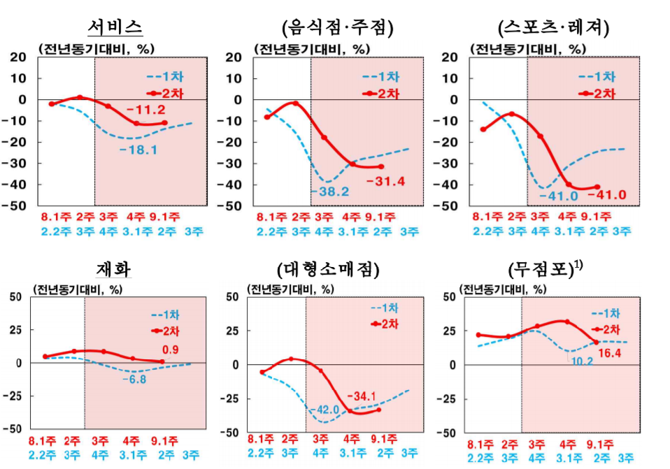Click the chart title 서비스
point(115,27)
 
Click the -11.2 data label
point(145,109)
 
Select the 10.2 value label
point(580,361)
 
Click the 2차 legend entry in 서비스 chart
point(166,92)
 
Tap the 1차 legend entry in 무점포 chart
point(606,313)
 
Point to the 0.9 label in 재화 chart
point(171,349)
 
